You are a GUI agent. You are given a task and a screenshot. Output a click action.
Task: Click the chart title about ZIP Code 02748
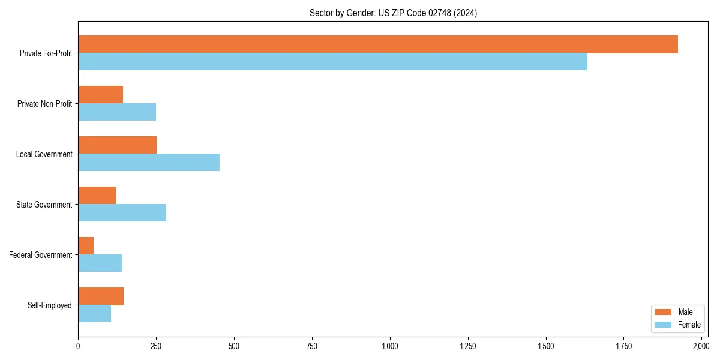[393, 13]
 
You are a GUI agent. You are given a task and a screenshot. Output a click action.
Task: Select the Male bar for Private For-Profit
[378, 44]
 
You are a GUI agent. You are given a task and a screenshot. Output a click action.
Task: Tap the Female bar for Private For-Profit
[332, 62]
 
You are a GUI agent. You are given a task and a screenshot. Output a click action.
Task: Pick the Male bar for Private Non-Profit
[100, 95]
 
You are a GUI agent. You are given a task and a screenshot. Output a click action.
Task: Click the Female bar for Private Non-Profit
[117, 112]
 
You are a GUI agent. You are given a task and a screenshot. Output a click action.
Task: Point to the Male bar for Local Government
[117, 145]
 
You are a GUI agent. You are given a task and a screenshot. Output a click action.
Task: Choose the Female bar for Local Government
[149, 163]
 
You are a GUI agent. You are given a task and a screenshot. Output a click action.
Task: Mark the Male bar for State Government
[97, 196]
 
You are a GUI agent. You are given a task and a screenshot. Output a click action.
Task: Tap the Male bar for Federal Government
[86, 246]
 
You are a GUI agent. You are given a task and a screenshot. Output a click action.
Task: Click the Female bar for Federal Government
[100, 263]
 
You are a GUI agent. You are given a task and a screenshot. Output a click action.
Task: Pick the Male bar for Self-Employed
[101, 296]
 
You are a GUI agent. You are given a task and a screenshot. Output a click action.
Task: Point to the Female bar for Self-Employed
[94, 314]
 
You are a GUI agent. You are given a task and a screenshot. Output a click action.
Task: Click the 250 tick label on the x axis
[156, 346]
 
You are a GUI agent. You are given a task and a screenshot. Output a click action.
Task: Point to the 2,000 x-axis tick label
[701, 346]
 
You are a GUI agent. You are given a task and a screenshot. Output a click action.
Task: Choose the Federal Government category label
[41, 255]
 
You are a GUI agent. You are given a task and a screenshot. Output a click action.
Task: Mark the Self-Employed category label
[50, 305]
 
